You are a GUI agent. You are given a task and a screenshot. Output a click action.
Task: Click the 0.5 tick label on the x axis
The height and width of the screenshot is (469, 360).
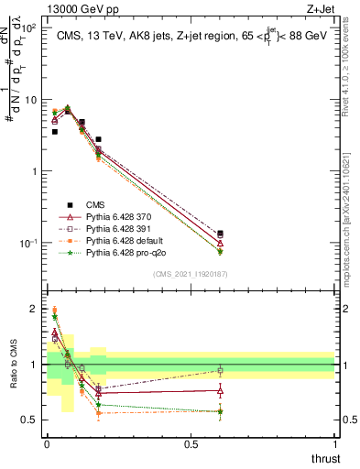point(191,443)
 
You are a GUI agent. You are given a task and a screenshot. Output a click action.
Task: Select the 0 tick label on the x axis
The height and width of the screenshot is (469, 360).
point(47,443)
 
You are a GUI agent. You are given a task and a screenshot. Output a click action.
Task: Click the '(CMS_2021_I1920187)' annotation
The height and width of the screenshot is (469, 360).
point(191,273)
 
